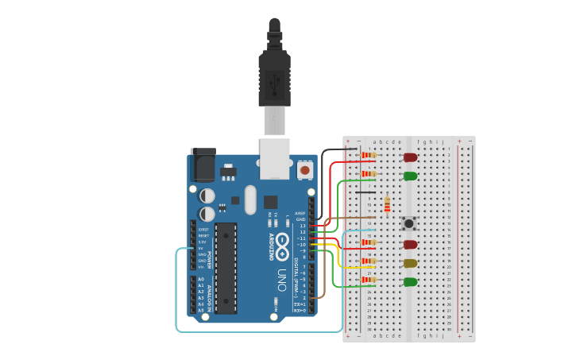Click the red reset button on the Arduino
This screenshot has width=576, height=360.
304,170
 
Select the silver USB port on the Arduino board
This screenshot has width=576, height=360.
275,158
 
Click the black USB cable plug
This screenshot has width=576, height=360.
274,79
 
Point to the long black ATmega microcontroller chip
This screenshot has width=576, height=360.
226,268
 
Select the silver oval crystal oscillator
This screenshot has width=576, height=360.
250,199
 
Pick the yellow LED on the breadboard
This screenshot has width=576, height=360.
410,263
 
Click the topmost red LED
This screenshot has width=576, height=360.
410,157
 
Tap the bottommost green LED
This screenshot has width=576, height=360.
410,282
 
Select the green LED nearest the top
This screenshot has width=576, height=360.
410,176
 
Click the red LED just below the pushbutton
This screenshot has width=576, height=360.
410,245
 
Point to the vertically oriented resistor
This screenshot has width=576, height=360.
387,205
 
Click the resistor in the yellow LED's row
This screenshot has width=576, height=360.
368,261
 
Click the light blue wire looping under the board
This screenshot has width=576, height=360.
176,294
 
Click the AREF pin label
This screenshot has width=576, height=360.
300,213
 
